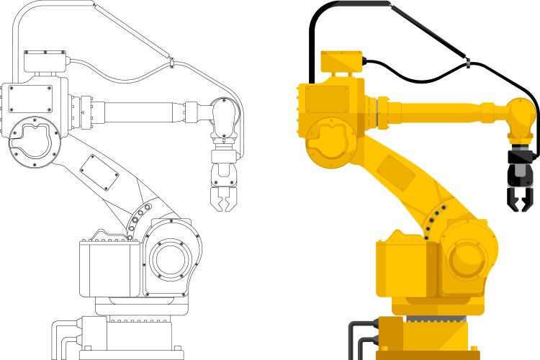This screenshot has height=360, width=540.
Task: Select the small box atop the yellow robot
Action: [x=341, y=62]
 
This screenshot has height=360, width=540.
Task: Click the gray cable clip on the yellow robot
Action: [x=468, y=65]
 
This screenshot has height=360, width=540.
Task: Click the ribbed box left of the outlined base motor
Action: [x=109, y=266]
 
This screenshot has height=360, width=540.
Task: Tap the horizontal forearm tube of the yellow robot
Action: [x=439, y=112]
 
